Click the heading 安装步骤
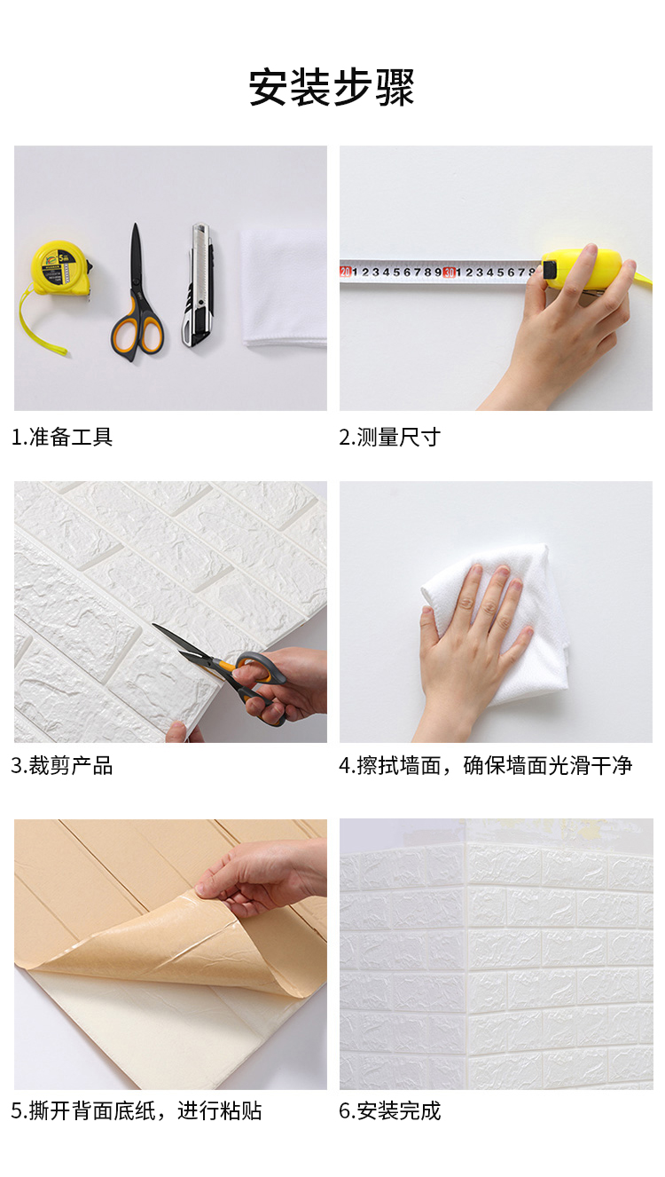(x=332, y=88)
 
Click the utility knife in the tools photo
(x=199, y=284)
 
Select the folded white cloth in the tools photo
(x=284, y=287)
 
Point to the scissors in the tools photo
(x=137, y=295)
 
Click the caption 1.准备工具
(x=62, y=438)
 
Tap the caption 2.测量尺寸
(x=389, y=438)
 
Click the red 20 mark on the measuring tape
(x=346, y=272)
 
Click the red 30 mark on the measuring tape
(x=449, y=273)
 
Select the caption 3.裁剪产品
(x=62, y=766)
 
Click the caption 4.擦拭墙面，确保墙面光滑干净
(x=486, y=766)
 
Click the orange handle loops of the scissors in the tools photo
(x=137, y=332)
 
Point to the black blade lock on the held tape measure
(x=549, y=270)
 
